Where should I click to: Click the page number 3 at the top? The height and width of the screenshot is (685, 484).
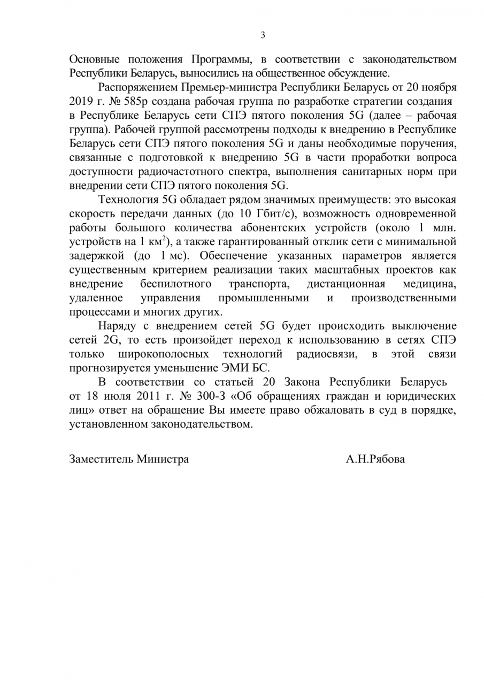tap(263, 36)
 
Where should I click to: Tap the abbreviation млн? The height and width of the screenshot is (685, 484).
tap(444, 228)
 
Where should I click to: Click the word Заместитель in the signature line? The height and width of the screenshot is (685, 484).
tap(101, 459)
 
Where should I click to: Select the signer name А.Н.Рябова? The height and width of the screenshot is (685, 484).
tap(375, 459)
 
